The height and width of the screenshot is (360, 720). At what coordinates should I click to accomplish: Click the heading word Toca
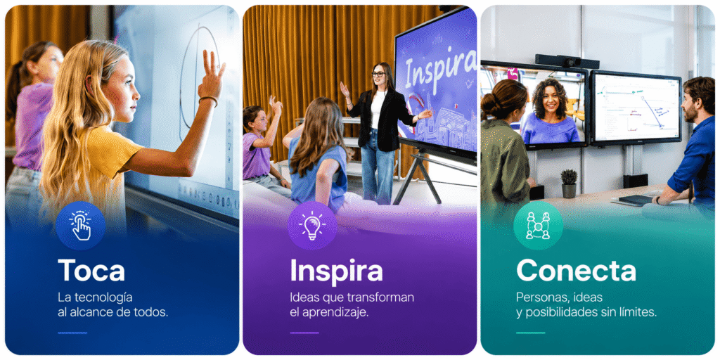(91, 270)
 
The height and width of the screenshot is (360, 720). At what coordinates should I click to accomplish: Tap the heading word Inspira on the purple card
(336, 271)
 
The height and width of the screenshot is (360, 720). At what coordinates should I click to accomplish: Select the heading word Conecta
(577, 271)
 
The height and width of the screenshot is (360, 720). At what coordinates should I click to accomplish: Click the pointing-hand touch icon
(81, 226)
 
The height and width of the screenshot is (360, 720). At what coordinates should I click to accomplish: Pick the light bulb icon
(312, 226)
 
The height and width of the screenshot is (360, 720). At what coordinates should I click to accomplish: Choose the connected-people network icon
(538, 226)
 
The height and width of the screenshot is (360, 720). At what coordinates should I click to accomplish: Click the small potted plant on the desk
(570, 184)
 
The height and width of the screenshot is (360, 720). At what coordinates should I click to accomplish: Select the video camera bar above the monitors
(567, 61)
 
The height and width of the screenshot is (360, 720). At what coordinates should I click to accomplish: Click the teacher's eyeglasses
(378, 74)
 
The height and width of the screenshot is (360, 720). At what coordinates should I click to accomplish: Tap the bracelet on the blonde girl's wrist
(208, 100)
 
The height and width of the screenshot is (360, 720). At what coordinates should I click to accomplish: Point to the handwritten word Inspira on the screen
(440, 69)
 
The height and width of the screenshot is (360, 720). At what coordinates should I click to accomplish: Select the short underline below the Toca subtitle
(72, 333)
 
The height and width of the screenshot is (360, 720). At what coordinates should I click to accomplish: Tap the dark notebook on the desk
(636, 199)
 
